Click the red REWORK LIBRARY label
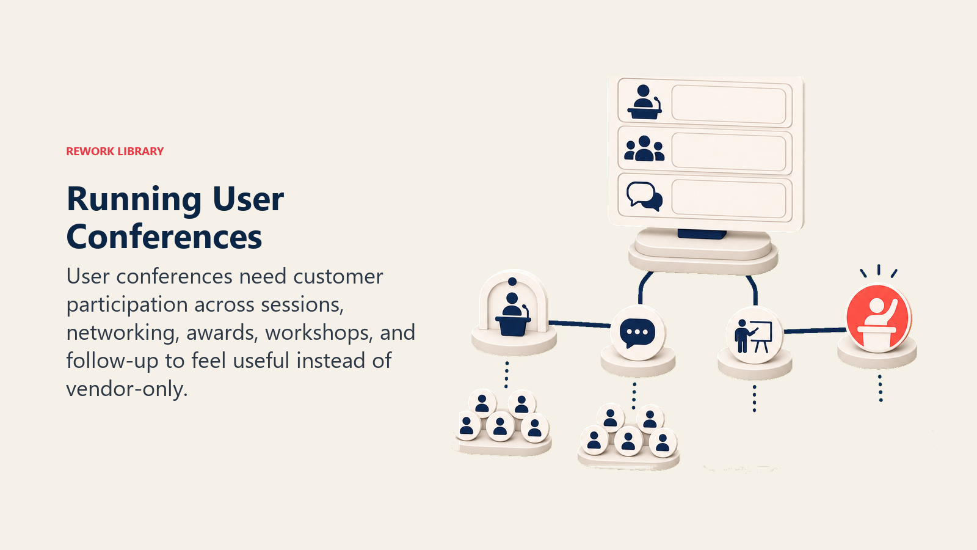click(x=115, y=151)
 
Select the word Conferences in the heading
click(x=164, y=237)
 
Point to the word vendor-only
click(x=126, y=389)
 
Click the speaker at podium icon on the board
click(x=644, y=103)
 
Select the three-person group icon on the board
click(x=644, y=148)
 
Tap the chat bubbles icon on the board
click(x=645, y=196)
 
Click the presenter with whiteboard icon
click(x=754, y=335)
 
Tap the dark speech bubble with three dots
click(x=637, y=334)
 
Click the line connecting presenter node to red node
click(x=815, y=331)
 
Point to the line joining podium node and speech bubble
click(x=579, y=324)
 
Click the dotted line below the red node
click(x=880, y=388)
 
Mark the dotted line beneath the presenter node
click(x=755, y=398)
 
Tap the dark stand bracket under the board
click(x=702, y=235)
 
